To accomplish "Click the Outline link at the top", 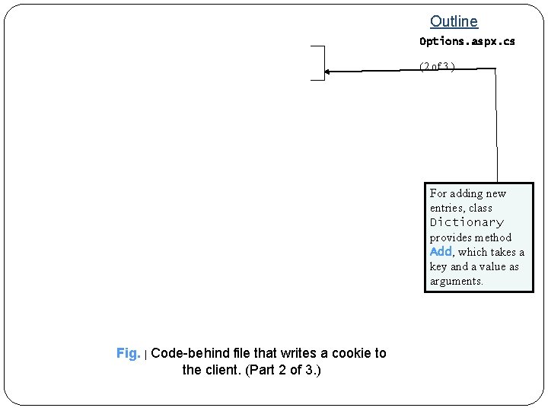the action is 454,22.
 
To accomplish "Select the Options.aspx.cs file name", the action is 467,41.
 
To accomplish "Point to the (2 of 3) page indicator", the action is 437,66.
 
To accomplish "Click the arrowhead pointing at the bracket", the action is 328,72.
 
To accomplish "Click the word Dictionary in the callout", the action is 467,222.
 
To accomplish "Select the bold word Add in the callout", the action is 441,252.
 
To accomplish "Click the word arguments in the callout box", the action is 456,281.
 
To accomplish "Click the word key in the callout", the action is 438,266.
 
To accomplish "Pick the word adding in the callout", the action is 467,193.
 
